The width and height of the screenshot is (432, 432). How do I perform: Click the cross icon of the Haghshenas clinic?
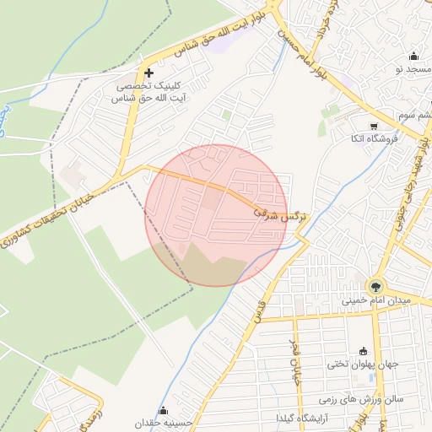[x=149, y=73]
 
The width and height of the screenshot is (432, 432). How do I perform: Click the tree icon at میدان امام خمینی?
[x=375, y=285]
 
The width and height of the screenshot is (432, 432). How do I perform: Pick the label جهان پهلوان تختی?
[x=361, y=364]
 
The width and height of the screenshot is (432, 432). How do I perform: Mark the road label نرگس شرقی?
[x=279, y=213]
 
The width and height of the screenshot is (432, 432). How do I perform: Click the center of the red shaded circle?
[x=216, y=215]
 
